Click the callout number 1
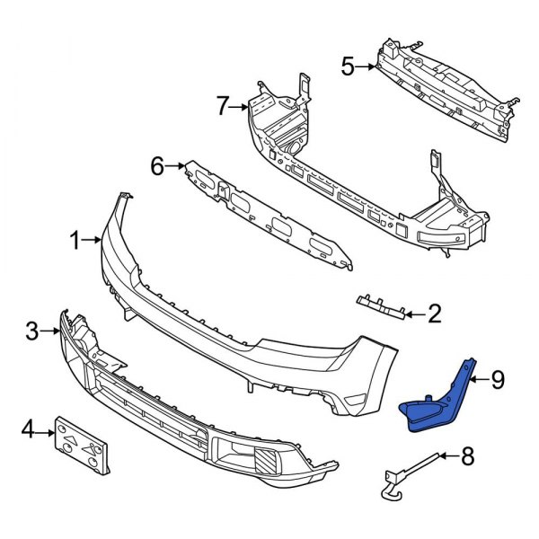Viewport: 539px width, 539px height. pyautogui.click(x=75, y=240)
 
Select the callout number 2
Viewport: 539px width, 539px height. pyautogui.click(x=434, y=314)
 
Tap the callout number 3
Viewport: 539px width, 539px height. pyautogui.click(x=33, y=332)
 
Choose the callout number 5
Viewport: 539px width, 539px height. pyautogui.click(x=348, y=66)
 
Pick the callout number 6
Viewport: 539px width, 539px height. pyautogui.click(x=157, y=165)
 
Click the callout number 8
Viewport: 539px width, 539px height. pyautogui.click(x=465, y=458)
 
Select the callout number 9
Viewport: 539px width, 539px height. pyautogui.click(x=498, y=380)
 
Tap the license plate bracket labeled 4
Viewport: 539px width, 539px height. pyautogui.click(x=84, y=444)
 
